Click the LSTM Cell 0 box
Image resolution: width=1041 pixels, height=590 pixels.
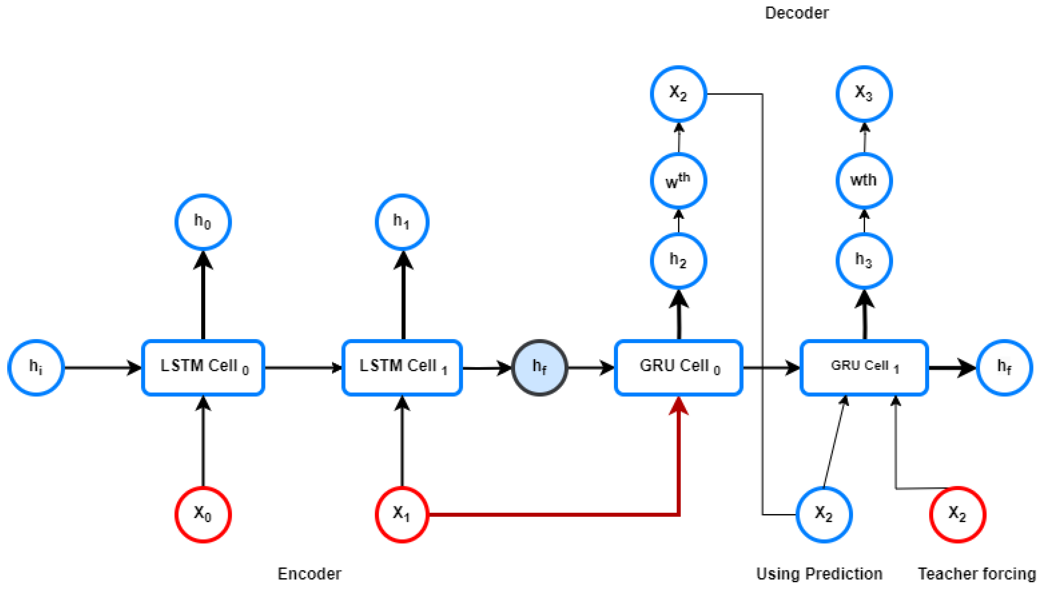(x=203, y=367)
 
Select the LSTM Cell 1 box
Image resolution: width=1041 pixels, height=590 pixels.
(x=402, y=367)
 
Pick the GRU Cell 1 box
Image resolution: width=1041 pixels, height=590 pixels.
(x=864, y=367)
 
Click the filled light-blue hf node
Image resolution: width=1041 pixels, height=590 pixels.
(x=539, y=367)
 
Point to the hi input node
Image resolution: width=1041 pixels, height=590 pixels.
(x=36, y=367)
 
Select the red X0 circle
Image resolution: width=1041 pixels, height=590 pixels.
(x=203, y=514)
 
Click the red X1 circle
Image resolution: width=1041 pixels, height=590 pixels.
(x=402, y=514)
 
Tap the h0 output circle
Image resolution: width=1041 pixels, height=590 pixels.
(x=203, y=222)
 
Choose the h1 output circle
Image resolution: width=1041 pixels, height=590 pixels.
(x=402, y=222)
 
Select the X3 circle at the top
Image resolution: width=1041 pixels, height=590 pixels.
(x=864, y=94)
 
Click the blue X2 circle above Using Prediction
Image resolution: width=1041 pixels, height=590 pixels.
(x=824, y=514)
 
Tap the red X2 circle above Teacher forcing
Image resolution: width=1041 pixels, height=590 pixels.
(x=957, y=514)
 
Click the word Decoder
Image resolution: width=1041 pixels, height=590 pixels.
(x=796, y=13)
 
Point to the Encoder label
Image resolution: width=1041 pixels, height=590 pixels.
(x=309, y=573)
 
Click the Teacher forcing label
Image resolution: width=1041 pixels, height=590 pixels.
(x=977, y=573)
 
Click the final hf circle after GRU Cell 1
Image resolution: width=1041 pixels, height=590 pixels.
(x=1004, y=367)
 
